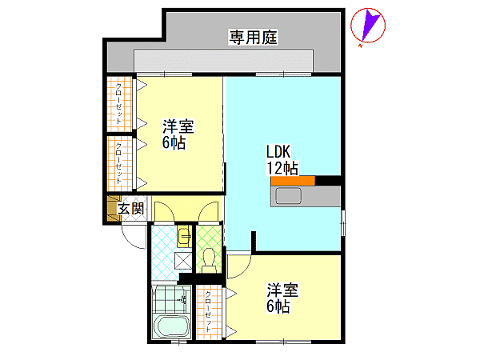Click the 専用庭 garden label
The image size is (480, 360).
[253, 37]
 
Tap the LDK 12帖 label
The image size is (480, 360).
[282, 160]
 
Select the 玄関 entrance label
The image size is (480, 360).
[131, 209]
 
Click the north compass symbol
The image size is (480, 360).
[368, 26]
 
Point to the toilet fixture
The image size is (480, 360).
[209, 260]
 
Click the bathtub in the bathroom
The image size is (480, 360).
[171, 326]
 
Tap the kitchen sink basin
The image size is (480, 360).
[288, 196]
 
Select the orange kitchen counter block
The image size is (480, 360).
[293, 181]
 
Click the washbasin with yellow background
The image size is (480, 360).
[184, 237]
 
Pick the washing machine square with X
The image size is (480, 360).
[183, 260]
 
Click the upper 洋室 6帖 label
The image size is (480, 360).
[178, 134]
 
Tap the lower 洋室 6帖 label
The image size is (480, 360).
[282, 298]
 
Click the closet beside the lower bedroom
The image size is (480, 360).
[209, 312]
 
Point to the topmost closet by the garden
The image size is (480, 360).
[119, 103]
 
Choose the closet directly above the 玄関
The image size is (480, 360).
[119, 163]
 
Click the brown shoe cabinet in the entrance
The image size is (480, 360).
[112, 208]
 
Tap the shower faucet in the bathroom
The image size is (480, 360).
[182, 298]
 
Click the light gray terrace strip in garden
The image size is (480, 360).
[223, 61]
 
